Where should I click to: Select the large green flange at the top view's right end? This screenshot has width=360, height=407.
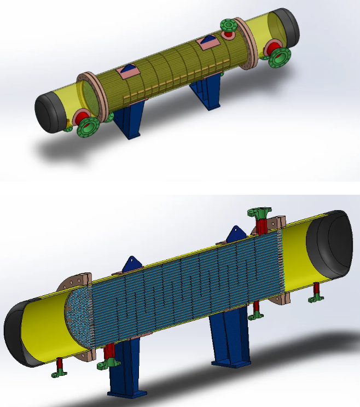coord(280,57)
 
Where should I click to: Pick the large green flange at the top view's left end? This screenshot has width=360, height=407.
coord(88,127)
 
